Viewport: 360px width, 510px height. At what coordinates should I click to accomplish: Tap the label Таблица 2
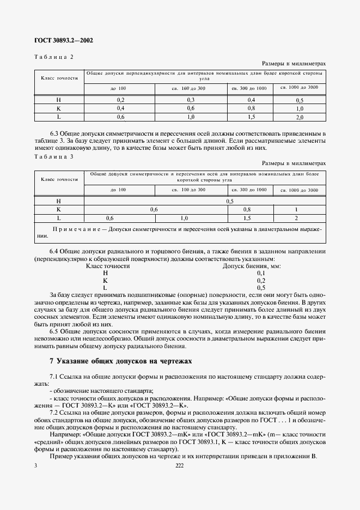tap(53, 57)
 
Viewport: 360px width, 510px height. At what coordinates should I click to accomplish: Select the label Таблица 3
tap(53, 156)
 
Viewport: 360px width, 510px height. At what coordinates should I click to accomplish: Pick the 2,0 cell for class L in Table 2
tap(299, 117)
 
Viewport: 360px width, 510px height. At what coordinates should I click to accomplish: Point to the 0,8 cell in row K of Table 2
tap(252, 108)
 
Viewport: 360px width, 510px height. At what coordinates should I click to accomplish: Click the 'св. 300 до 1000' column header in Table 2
tap(249, 88)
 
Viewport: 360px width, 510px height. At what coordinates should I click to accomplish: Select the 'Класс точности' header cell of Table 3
tap(59, 179)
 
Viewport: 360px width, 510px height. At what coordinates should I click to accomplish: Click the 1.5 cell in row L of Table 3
tap(247, 218)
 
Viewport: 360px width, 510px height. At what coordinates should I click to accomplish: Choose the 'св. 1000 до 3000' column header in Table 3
tap(299, 190)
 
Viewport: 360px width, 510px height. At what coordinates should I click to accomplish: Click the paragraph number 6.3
tap(54, 133)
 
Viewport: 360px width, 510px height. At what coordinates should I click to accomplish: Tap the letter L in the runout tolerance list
tap(105, 287)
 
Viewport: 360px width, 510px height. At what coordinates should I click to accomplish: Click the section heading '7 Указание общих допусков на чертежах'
tap(121, 361)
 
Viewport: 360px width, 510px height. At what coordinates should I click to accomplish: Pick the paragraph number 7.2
tap(54, 412)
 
